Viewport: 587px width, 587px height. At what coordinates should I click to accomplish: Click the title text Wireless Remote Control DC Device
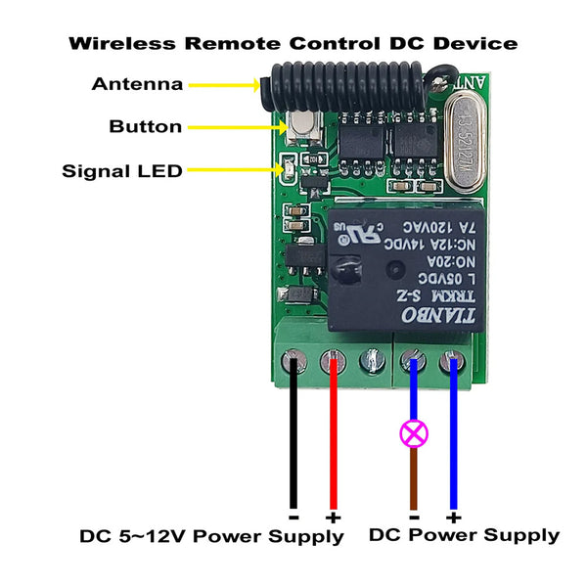[293, 44]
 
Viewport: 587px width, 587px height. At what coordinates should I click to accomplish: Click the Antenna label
[137, 84]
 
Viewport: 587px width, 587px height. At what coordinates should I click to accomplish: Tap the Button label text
[145, 126]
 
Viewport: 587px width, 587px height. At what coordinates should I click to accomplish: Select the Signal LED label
[122, 171]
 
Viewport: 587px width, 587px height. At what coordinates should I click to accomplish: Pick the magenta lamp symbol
[413, 432]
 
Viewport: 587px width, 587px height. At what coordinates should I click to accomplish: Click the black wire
[293, 440]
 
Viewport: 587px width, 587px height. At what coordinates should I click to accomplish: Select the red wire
[334, 440]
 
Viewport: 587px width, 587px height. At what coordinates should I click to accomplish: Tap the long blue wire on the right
[452, 440]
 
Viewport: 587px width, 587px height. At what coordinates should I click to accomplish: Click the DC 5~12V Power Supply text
[211, 536]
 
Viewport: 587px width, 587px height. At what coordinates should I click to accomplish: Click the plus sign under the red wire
[334, 517]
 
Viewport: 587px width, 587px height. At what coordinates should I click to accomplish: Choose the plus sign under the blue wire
[452, 516]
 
